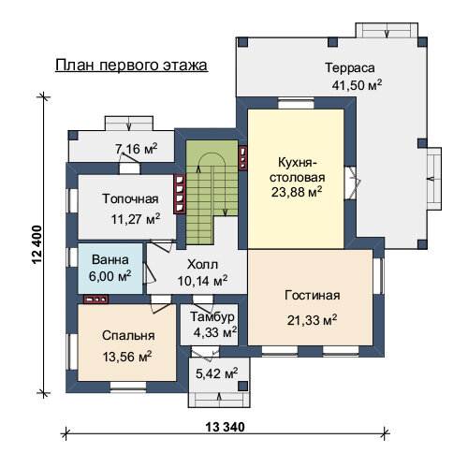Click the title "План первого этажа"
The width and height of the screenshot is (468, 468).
click(x=131, y=66)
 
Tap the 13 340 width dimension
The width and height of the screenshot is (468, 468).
click(x=226, y=427)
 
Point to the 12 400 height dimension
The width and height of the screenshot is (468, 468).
click(x=37, y=244)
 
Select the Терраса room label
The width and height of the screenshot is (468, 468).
click(x=350, y=67)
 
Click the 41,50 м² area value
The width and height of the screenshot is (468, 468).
click(x=357, y=84)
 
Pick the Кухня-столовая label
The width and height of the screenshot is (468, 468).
click(x=297, y=170)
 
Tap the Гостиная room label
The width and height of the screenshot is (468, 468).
click(x=313, y=295)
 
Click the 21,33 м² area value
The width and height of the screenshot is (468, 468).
click(x=312, y=320)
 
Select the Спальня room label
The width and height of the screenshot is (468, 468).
click(x=128, y=335)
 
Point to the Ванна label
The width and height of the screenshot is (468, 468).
click(x=110, y=259)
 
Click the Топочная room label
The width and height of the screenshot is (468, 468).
click(x=130, y=198)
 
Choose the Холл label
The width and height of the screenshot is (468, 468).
click(x=202, y=264)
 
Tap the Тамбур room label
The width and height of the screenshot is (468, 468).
click(x=212, y=317)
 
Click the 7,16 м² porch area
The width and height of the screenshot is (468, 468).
click(x=136, y=149)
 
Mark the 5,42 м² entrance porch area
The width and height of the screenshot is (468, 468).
click(x=216, y=373)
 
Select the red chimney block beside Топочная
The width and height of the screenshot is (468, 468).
click(x=180, y=194)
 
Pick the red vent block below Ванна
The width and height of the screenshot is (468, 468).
click(x=95, y=300)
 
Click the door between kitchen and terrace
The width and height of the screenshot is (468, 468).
click(x=352, y=183)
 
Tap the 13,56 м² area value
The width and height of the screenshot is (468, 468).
click(x=127, y=357)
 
